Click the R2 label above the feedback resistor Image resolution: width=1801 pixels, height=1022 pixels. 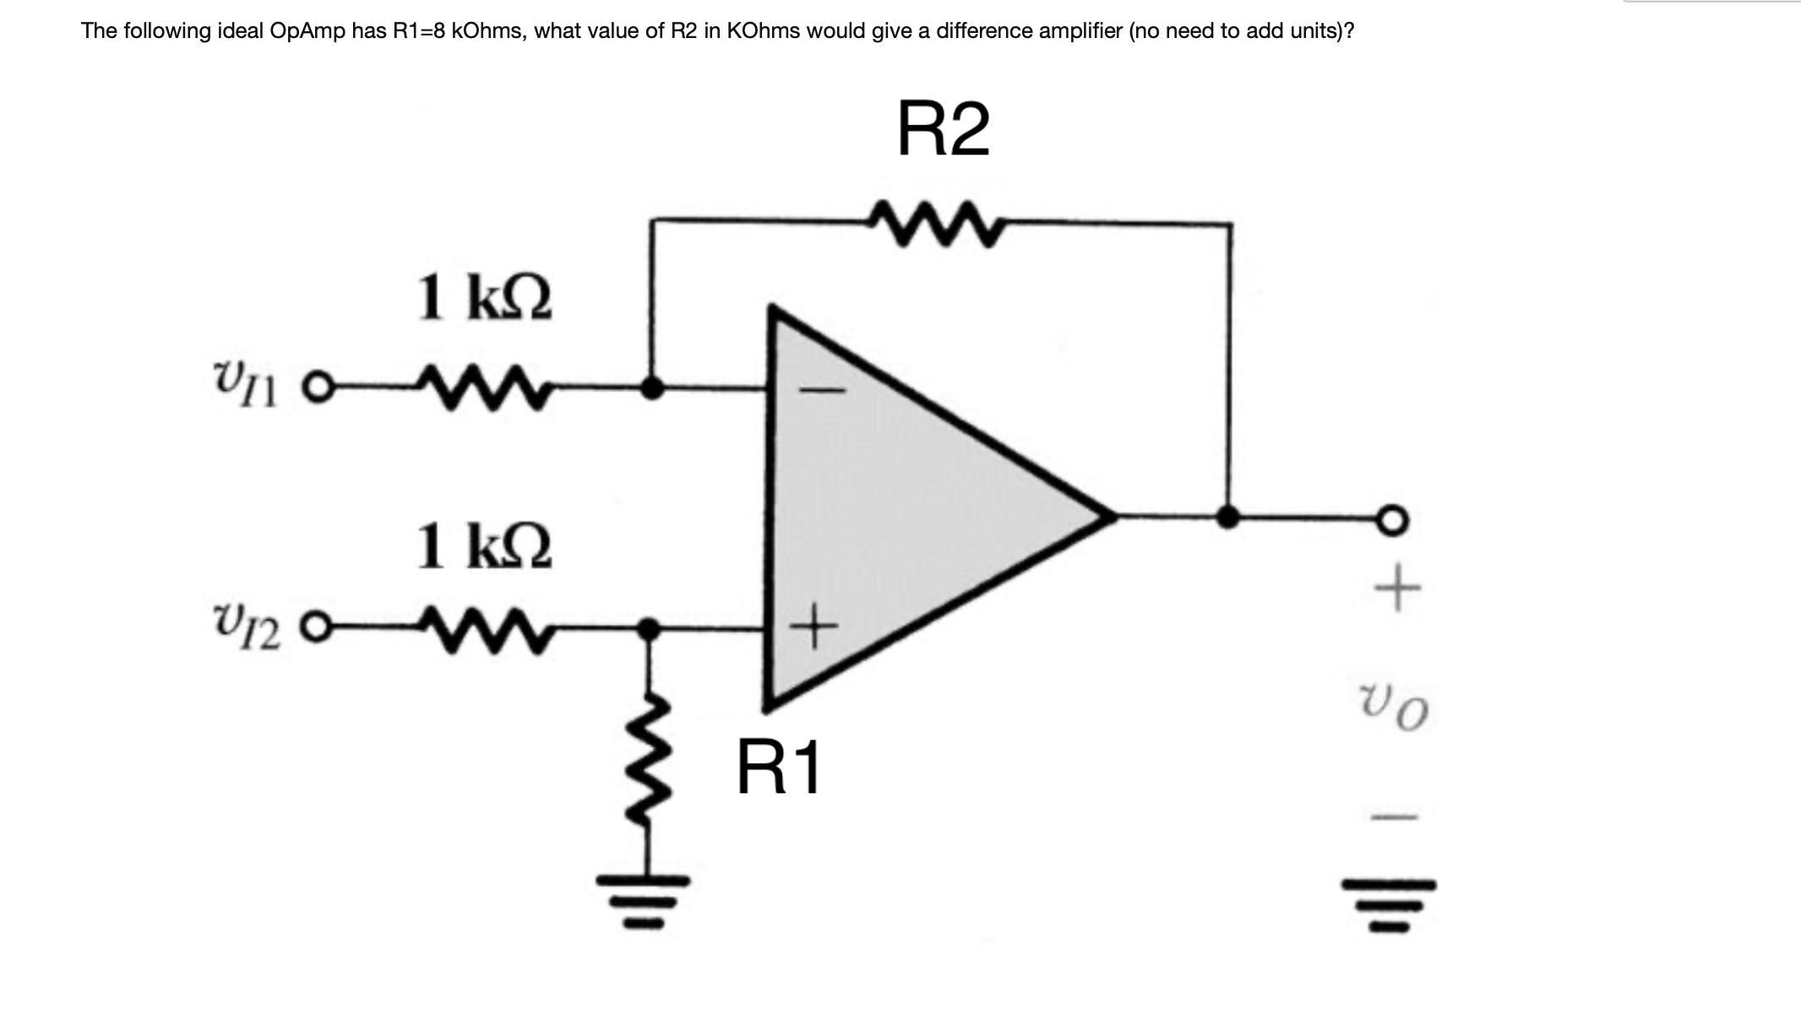943,129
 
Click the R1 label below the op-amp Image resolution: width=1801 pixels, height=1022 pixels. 778,768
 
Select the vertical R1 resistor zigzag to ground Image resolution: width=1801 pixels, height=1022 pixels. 649,769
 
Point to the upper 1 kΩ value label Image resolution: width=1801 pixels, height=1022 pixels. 485,298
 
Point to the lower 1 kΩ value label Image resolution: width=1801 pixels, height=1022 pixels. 485,546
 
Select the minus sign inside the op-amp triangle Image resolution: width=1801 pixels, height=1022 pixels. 821,390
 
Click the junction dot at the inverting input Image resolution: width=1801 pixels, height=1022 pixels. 650,389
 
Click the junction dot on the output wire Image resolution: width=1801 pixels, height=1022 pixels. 1227,516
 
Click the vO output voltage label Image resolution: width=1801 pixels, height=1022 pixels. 1395,706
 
